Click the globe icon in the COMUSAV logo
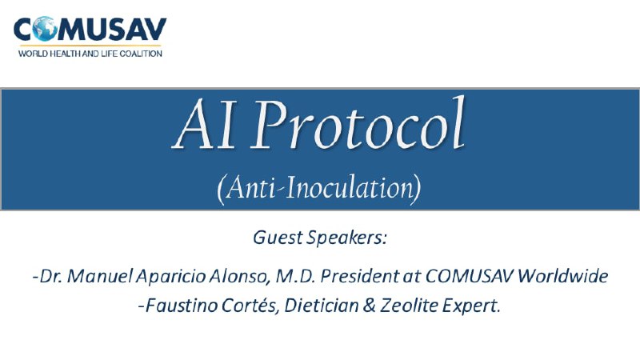click(x=45, y=29)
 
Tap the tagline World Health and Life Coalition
click(x=90, y=54)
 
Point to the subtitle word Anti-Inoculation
click(x=319, y=188)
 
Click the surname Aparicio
click(x=170, y=277)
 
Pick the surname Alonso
click(x=239, y=276)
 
